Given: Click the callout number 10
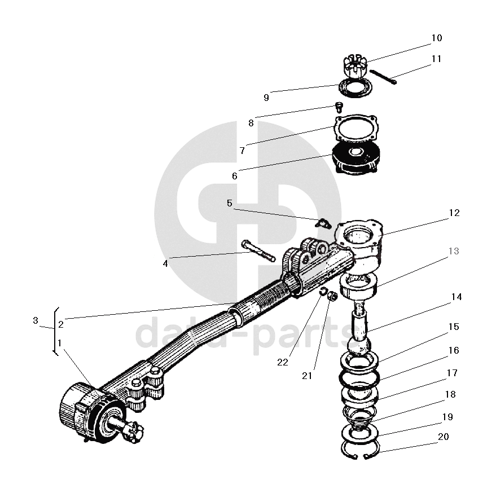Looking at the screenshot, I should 436,38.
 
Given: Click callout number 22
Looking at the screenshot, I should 282,362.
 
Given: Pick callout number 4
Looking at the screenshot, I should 165,263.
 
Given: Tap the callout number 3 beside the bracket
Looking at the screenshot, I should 35,320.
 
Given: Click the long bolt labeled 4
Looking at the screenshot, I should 257,250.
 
